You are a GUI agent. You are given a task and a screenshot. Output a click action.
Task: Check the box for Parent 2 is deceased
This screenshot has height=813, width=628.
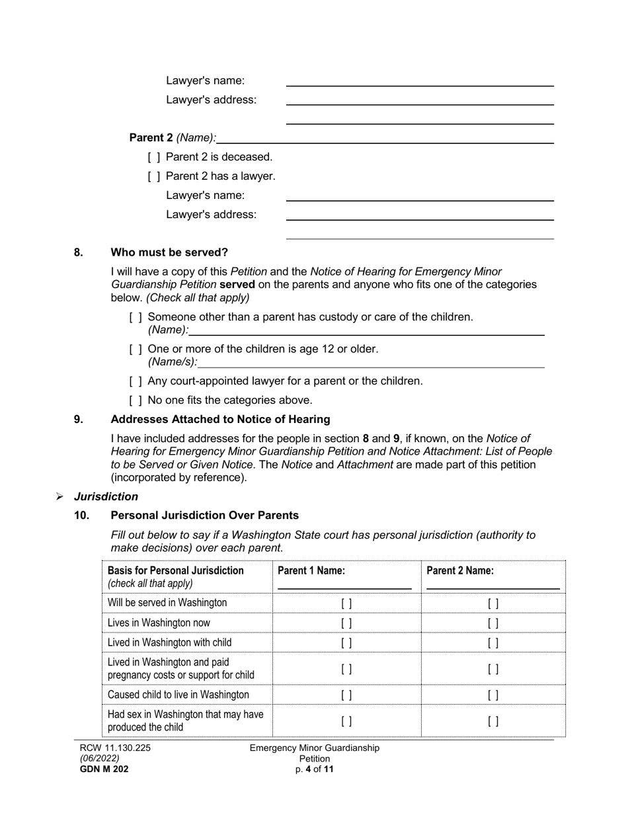154,157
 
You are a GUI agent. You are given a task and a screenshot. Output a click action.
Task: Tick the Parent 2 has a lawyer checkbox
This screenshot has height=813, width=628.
154,176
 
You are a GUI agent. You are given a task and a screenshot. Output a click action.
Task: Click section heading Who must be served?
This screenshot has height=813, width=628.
169,252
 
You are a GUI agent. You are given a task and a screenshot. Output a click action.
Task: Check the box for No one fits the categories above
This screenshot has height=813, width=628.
136,401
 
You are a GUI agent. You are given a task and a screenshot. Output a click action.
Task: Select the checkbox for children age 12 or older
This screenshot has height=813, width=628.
136,349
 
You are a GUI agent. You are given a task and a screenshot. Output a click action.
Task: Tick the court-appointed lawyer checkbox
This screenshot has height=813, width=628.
136,381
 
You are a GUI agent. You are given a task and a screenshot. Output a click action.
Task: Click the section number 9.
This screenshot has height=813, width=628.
79,420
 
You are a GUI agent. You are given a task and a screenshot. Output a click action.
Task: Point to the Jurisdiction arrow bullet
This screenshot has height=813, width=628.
59,497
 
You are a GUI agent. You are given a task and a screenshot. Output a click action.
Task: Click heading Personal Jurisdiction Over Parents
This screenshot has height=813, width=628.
204,516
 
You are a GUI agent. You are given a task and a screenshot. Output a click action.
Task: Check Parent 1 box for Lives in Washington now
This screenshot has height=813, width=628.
346,623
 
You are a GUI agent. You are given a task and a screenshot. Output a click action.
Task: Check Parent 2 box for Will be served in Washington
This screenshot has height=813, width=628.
493,603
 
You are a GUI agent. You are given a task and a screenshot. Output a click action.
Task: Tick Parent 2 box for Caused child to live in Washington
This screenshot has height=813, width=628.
493,695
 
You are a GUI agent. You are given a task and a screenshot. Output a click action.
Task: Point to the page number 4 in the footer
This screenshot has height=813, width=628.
308,769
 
